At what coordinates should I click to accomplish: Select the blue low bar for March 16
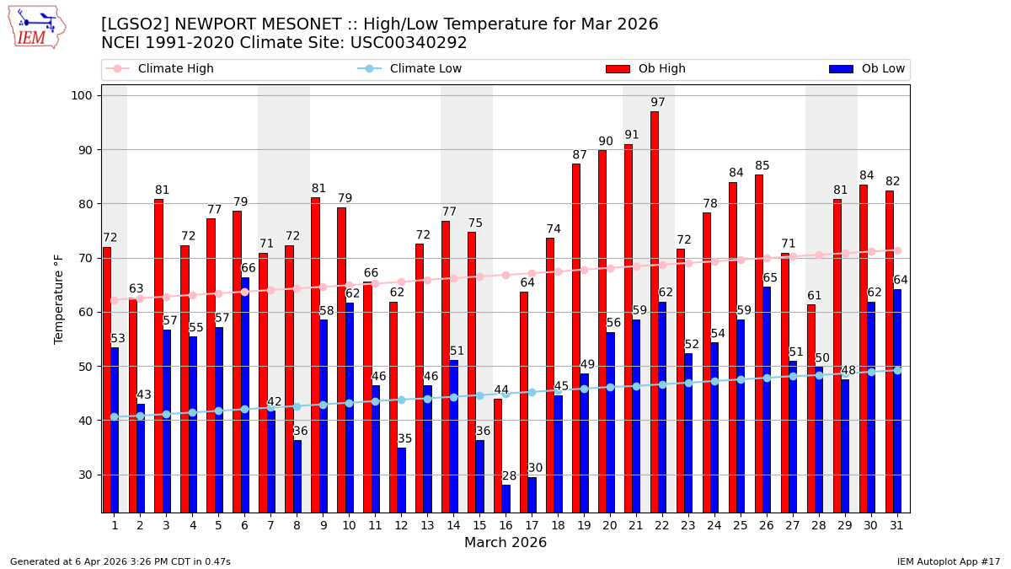506,498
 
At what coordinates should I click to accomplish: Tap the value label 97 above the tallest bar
658,103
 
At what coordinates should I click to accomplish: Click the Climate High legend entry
175,69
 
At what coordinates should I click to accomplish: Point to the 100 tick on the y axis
81,95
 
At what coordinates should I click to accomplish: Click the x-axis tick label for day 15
479,525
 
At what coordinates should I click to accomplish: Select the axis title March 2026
505,543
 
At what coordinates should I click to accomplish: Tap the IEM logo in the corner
36,27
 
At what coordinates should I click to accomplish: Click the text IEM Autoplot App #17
948,561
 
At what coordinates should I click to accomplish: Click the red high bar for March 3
158,356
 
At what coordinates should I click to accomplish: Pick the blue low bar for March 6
245,395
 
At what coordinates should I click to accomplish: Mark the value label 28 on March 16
510,476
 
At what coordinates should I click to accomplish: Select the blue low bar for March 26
767,400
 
